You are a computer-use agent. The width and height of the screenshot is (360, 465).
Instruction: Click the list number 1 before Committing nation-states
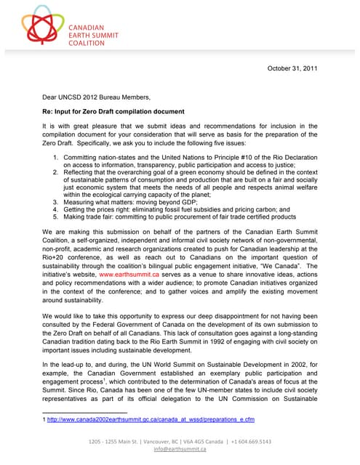tap(57, 157)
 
